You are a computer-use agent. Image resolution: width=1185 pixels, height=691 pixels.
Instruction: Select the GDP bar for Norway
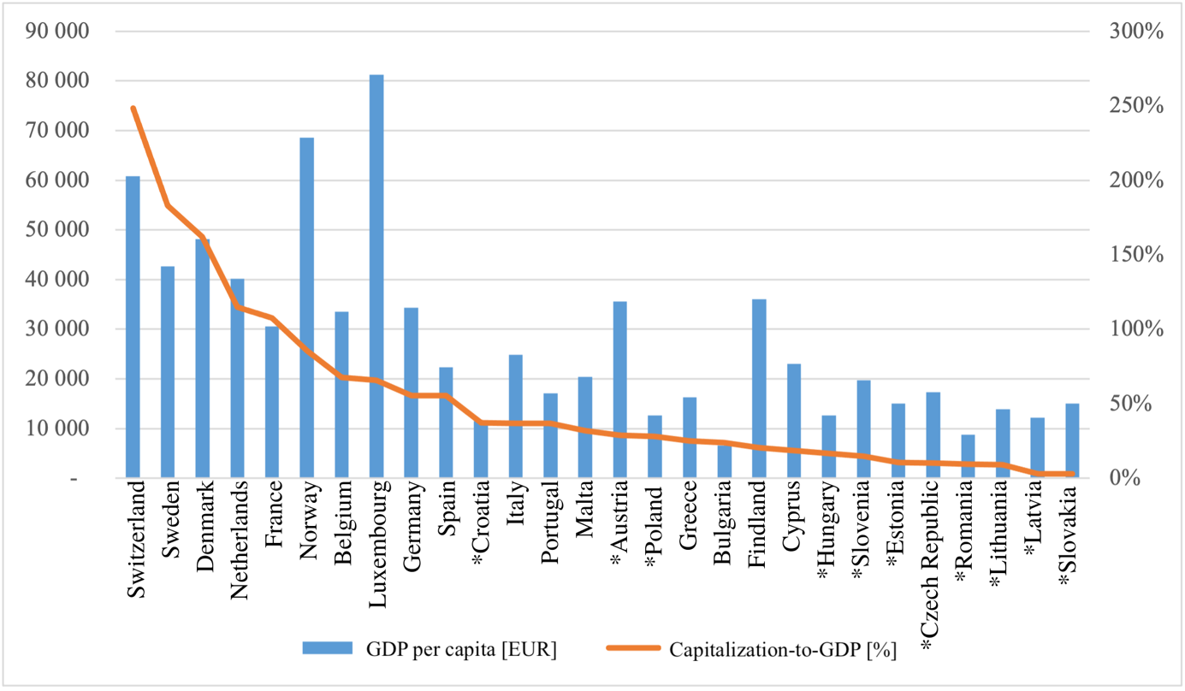point(306,307)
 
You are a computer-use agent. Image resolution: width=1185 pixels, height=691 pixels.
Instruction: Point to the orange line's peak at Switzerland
point(133,108)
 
